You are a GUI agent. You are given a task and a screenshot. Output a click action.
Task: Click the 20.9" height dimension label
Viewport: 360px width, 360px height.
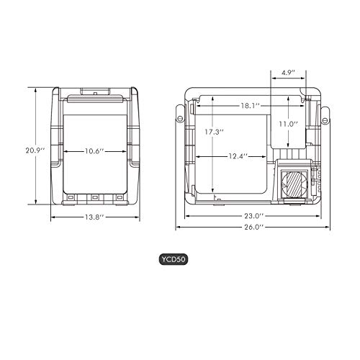point(35,150)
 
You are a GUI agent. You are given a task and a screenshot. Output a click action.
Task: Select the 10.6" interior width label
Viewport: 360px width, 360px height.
point(94,151)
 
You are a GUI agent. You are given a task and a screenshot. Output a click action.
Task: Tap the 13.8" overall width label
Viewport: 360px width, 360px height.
point(94,217)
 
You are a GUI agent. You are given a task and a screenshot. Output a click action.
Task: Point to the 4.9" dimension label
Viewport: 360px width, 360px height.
point(288,73)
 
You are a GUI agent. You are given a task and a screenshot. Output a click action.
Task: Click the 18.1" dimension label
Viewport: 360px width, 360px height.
point(251,106)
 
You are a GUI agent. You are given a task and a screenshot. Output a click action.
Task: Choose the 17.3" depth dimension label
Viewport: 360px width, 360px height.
point(214,132)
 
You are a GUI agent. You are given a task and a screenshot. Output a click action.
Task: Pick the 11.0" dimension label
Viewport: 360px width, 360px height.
point(288,124)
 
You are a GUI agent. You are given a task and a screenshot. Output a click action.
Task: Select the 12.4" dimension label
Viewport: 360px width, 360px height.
point(238,156)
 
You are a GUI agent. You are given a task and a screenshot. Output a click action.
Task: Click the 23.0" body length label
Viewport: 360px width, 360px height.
point(254,216)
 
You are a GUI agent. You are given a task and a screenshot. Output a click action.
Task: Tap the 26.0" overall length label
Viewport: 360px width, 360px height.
point(254,227)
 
